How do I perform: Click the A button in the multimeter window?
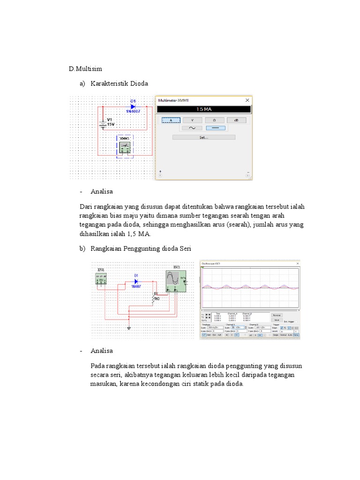[x=171, y=120]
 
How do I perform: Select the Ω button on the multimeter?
[x=214, y=120]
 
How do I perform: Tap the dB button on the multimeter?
[x=236, y=120]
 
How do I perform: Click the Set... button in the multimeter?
[x=203, y=137]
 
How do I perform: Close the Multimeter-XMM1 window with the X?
[x=247, y=100]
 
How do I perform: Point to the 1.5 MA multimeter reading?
[x=203, y=109]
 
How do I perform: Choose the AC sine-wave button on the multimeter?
[x=193, y=127]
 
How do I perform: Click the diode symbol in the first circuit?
[x=133, y=106]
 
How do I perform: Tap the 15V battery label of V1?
[x=111, y=124]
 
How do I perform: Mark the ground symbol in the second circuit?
[x=128, y=328]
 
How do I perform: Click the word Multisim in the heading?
[x=89, y=69]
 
